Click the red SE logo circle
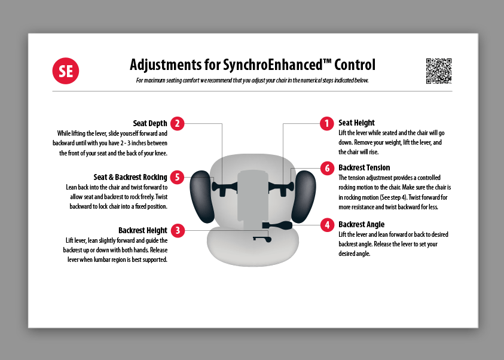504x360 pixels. click(66, 71)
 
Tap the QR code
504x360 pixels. click(439, 71)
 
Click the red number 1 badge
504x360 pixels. click(327, 123)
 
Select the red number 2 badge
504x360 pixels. click(178, 123)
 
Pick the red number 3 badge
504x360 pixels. click(178, 230)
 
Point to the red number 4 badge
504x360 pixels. click(327, 225)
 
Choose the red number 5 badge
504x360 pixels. click(177, 177)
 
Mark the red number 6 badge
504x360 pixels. click(327, 168)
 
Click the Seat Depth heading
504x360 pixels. click(150, 123)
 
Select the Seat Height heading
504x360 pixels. click(356, 123)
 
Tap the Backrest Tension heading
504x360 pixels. click(364, 167)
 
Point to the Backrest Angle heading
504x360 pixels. click(361, 224)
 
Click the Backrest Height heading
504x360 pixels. click(143, 230)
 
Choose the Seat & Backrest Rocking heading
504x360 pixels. click(130, 177)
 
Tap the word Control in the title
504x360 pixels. click(355, 65)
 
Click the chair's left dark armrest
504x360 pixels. click(202, 196)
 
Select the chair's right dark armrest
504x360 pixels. click(304, 196)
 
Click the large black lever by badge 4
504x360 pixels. click(277, 225)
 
